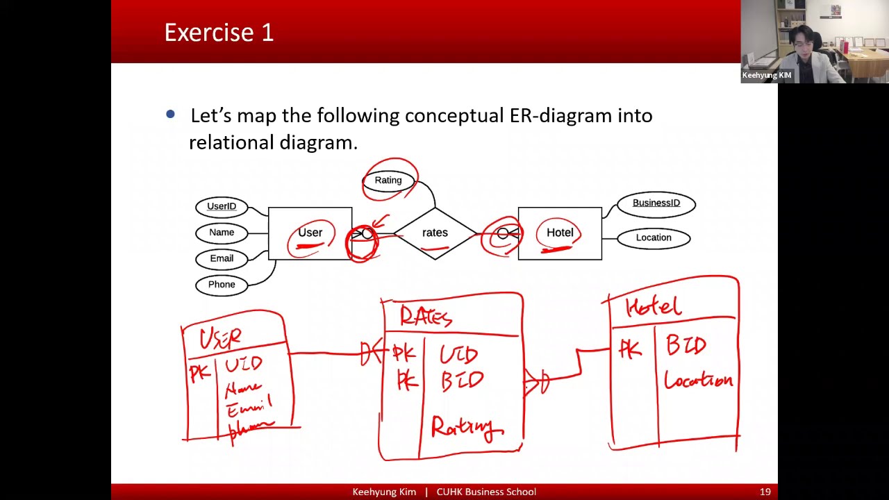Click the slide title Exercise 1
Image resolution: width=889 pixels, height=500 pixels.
point(219,33)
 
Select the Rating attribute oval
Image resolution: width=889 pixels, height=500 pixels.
point(388,181)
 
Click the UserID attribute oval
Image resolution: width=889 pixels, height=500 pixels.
point(222,206)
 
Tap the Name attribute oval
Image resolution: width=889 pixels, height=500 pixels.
point(222,233)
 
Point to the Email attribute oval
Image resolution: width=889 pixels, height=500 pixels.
point(222,258)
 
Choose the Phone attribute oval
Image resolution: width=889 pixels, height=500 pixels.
point(222,285)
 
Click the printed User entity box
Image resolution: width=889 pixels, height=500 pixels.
point(310,233)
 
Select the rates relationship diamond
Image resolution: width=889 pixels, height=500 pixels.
point(435,233)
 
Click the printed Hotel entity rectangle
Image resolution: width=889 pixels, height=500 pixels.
point(560,233)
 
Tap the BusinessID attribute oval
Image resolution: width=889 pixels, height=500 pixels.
point(656,203)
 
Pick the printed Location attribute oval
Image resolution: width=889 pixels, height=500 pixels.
point(654,237)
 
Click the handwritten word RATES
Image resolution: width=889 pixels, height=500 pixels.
point(426,317)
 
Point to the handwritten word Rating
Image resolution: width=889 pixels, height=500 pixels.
point(465,427)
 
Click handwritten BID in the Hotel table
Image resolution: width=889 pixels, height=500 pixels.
point(686,345)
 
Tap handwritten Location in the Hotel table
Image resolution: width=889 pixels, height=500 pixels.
point(698,380)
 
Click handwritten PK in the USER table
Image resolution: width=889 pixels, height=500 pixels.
point(199,374)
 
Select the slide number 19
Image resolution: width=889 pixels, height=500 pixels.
point(765,492)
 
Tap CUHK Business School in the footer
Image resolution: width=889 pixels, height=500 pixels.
point(486,492)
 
